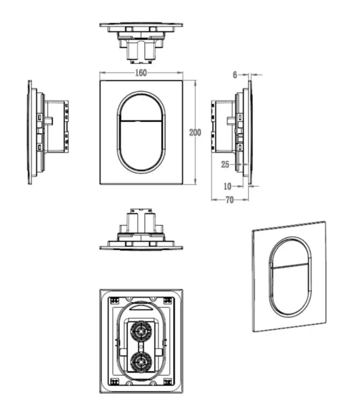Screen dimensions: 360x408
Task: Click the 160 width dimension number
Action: click(x=141, y=73)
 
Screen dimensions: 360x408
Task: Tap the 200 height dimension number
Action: click(x=195, y=133)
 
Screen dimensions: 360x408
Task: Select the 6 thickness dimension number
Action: click(x=235, y=75)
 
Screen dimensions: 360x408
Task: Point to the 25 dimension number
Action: click(x=225, y=164)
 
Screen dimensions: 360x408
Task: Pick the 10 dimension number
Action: click(x=227, y=186)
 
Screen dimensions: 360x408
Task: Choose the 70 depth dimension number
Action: click(x=230, y=200)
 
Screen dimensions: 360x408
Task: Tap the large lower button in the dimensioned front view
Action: click(x=141, y=145)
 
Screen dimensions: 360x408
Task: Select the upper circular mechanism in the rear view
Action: click(x=141, y=332)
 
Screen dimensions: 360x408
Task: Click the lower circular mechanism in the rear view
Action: click(x=141, y=362)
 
